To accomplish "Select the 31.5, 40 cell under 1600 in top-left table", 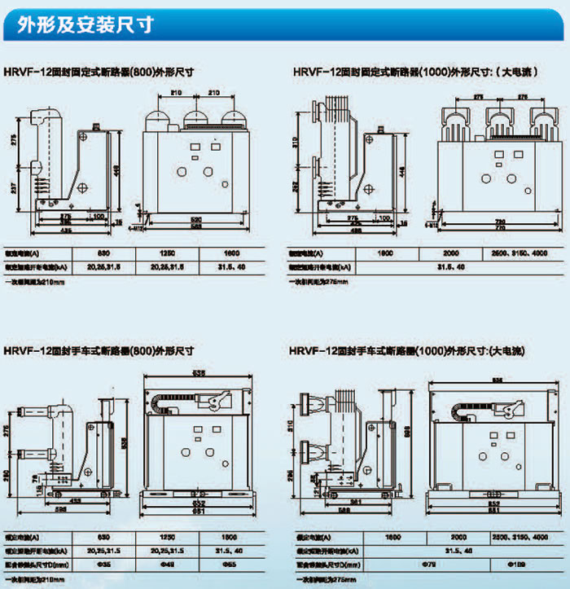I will (232, 266).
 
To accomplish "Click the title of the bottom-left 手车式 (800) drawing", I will (98, 351).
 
